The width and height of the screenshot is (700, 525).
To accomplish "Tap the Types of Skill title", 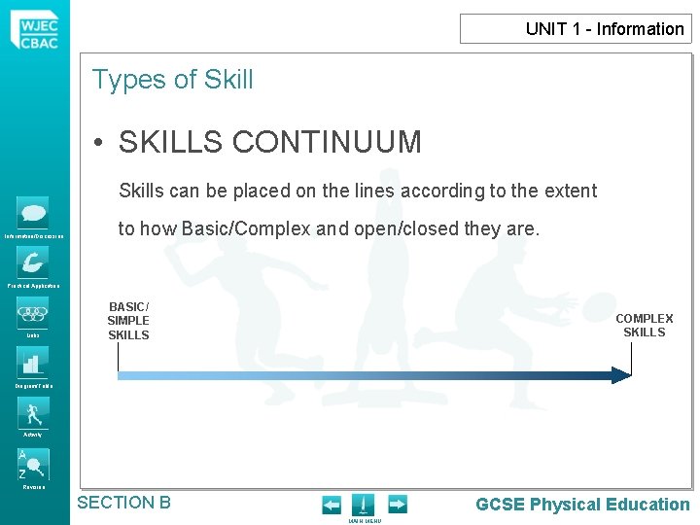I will click(x=172, y=80).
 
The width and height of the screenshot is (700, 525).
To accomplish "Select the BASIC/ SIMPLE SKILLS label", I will click(x=128, y=321).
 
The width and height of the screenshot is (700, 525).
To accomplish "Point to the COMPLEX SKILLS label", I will click(x=644, y=325).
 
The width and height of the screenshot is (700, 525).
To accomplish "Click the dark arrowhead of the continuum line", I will click(x=620, y=375).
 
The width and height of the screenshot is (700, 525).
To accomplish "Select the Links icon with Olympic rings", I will click(x=33, y=313).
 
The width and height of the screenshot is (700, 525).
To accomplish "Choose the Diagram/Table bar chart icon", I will click(x=33, y=363).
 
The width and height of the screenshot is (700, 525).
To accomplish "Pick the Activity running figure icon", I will click(x=33, y=412).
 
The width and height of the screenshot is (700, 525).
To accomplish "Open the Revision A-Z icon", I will click(x=33, y=464).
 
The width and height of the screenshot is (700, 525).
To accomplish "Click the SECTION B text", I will click(x=123, y=503).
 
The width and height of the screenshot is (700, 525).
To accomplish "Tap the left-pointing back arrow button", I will click(x=332, y=505).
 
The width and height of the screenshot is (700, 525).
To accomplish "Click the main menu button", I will click(x=363, y=506).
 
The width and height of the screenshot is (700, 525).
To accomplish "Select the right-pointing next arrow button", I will click(x=397, y=505).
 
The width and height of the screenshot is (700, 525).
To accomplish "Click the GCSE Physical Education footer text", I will click(x=581, y=504).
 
